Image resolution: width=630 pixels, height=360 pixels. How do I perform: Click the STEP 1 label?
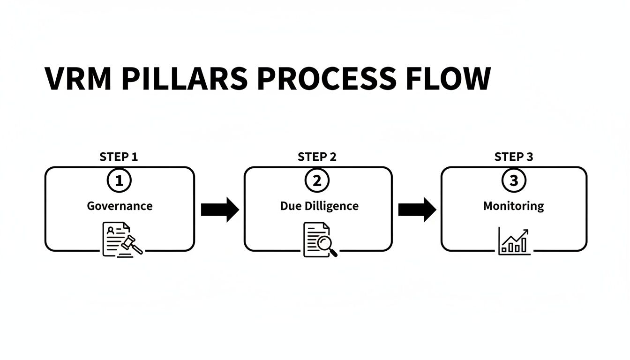click(x=119, y=157)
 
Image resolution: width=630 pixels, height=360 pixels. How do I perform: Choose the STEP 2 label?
click(x=317, y=157)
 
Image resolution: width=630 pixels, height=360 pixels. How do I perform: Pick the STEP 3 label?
click(x=514, y=157)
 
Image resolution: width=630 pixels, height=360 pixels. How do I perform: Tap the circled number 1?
click(x=119, y=181)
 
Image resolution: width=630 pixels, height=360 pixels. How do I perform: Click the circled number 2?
click(x=317, y=181)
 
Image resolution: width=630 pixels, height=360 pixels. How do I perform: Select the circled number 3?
click(x=514, y=181)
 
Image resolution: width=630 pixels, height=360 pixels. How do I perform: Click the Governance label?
click(x=120, y=206)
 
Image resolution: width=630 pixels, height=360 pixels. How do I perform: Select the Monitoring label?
click(x=514, y=206)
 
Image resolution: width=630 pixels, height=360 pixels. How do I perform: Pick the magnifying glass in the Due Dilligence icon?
click(x=326, y=245)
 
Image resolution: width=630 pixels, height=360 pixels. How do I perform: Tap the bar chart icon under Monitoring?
click(x=514, y=241)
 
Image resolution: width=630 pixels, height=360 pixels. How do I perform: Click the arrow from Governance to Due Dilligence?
click(x=219, y=210)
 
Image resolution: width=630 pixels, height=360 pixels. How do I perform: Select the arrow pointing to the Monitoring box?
click(x=417, y=210)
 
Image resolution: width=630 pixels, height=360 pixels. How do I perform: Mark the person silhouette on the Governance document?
click(x=111, y=230)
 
